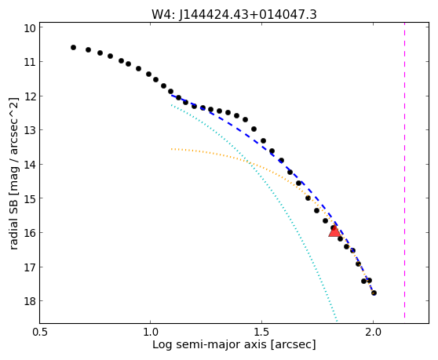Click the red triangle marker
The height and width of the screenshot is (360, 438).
(334, 231)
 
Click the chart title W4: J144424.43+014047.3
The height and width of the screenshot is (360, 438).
(234, 15)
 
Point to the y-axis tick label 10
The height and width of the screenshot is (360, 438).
(30, 28)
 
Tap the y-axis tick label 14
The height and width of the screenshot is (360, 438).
(30, 165)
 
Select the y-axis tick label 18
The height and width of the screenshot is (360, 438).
(30, 301)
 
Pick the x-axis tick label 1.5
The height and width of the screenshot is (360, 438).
(261, 333)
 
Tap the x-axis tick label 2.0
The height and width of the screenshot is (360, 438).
(373, 333)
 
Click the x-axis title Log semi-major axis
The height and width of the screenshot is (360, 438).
(210, 345)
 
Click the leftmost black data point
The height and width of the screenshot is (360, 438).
(73, 47)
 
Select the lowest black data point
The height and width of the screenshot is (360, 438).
(374, 293)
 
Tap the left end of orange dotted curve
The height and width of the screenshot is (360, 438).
(172, 149)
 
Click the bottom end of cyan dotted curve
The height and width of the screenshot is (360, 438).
(338, 322)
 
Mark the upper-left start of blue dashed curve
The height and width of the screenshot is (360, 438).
(172, 96)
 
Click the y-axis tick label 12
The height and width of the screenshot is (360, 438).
(30, 96)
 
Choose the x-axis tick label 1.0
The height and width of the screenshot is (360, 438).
(150, 333)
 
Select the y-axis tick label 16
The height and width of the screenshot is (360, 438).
(30, 233)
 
